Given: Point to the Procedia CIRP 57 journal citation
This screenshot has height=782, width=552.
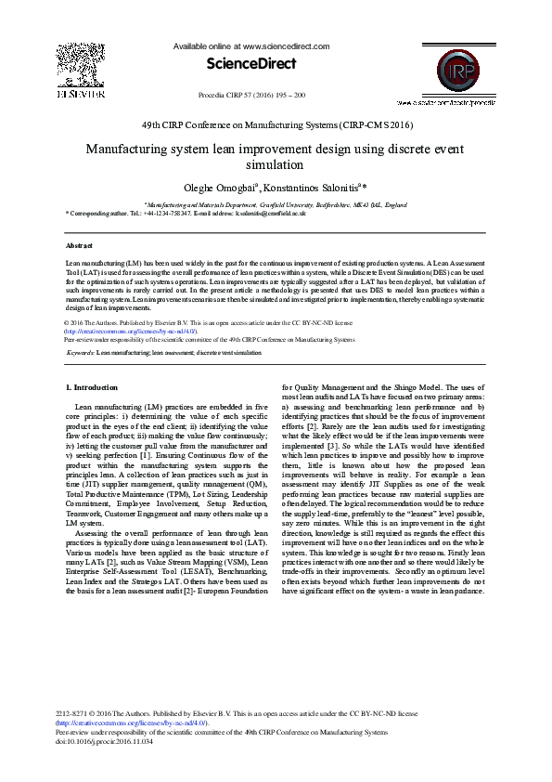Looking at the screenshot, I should [252, 96].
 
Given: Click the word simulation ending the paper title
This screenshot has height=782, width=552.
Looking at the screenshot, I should [276, 163].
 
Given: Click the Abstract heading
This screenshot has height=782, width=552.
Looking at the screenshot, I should [79, 245].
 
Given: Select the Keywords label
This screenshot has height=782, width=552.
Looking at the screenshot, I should [80, 353].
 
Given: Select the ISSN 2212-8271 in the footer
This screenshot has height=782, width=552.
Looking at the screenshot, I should [77, 714].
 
